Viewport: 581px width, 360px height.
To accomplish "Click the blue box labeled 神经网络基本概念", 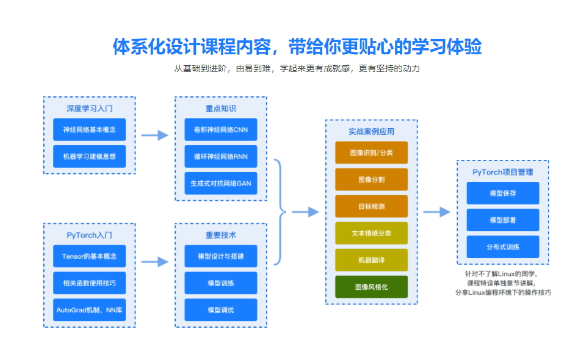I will pyautogui.click(x=89, y=130).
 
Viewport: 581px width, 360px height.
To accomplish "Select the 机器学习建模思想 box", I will pyautogui.click(x=89, y=157).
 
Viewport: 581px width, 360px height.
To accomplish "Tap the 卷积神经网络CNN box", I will pyautogui.click(x=220, y=130).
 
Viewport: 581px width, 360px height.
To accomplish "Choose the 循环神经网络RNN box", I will pyautogui.click(x=220, y=157).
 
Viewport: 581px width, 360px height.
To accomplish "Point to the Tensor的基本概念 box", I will pyautogui.click(x=89, y=256).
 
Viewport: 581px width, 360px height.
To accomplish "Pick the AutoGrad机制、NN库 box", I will pyautogui.click(x=89, y=310).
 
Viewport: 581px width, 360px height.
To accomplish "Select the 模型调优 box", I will pyautogui.click(x=220, y=310).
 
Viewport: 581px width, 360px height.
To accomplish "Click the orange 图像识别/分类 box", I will pyautogui.click(x=371, y=153).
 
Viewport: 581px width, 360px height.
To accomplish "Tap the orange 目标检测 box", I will pyautogui.click(x=371, y=206).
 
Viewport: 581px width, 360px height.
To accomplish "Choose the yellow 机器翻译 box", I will pyautogui.click(x=371, y=260).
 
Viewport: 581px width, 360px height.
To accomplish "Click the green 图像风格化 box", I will pyautogui.click(x=371, y=287).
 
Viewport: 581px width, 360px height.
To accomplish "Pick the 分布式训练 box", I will pyautogui.click(x=503, y=247).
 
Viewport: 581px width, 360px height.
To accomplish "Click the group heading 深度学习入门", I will pyautogui.click(x=89, y=109).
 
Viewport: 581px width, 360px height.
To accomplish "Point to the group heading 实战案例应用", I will pyautogui.click(x=371, y=131).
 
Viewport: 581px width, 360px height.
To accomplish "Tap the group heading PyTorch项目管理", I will pyautogui.click(x=503, y=172).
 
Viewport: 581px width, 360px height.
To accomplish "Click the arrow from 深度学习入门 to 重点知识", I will pyautogui.click(x=154, y=135).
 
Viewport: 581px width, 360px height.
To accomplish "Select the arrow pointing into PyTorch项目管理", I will pyautogui.click(x=437, y=212).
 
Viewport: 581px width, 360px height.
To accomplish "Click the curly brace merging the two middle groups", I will pyautogui.click(x=280, y=212).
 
